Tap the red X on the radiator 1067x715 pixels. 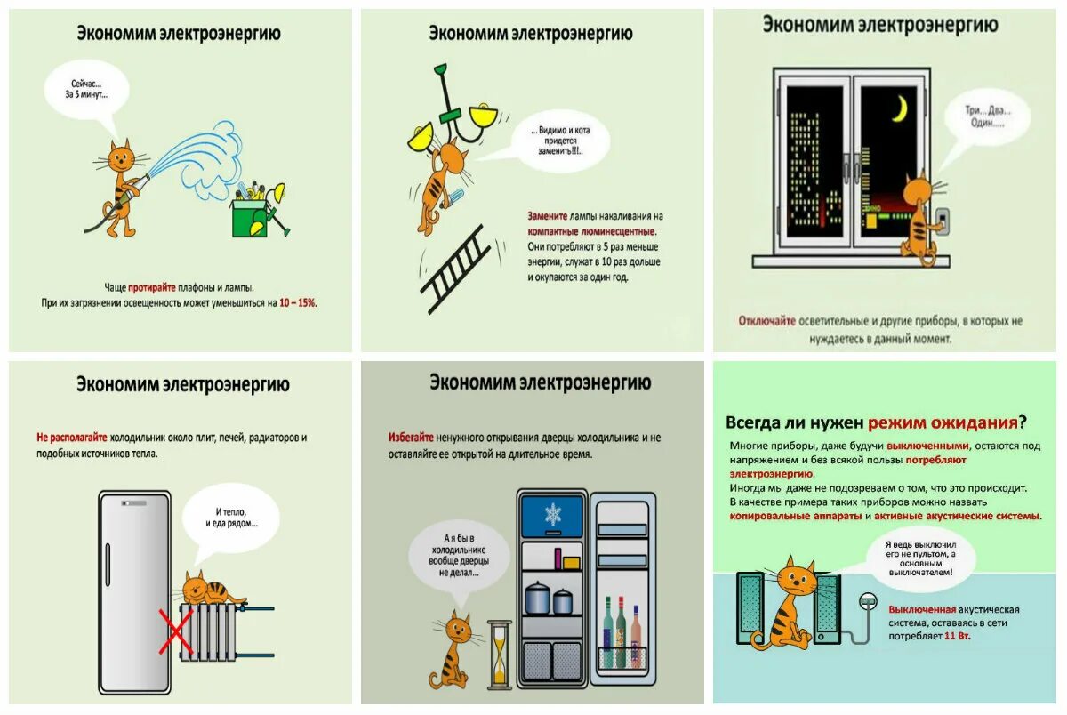pyautogui.click(x=176, y=631)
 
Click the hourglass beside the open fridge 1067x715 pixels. pyautogui.click(x=500, y=654)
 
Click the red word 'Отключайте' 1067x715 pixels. pyautogui.click(x=766, y=321)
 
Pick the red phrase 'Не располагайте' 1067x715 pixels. pyautogui.click(x=72, y=438)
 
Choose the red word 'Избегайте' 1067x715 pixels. pyautogui.click(x=411, y=438)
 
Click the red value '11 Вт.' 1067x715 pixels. pyautogui.click(x=956, y=637)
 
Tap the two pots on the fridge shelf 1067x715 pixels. pyautogui.click(x=549, y=599)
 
